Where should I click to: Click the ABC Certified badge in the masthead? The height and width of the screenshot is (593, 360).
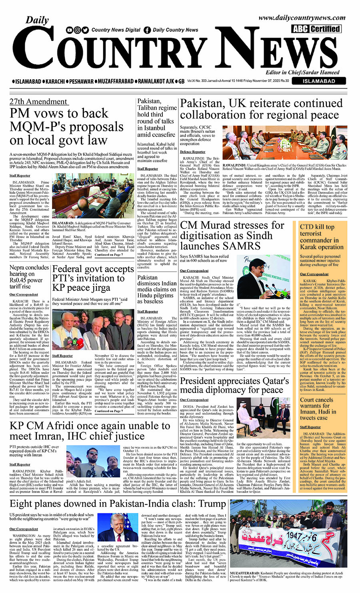click(316, 29)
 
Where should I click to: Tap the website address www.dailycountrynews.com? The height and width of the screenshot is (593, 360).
click(302, 18)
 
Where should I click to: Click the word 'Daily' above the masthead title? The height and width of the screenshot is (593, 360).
click(37, 20)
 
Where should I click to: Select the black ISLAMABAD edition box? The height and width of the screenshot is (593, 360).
click(319, 81)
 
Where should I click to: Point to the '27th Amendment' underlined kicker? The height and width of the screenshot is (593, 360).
click(38, 102)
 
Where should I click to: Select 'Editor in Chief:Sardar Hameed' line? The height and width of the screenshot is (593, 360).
click(302, 72)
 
